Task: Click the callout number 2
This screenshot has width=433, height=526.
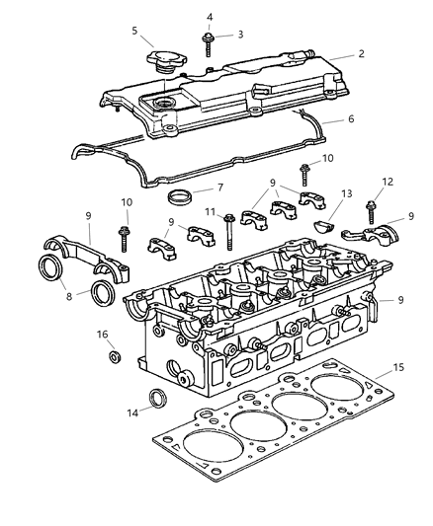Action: [362, 53]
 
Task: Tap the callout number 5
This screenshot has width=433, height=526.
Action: [134, 31]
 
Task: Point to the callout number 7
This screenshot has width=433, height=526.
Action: [220, 187]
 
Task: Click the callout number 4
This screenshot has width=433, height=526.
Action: [210, 17]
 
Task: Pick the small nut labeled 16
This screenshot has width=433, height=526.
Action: [114, 355]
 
